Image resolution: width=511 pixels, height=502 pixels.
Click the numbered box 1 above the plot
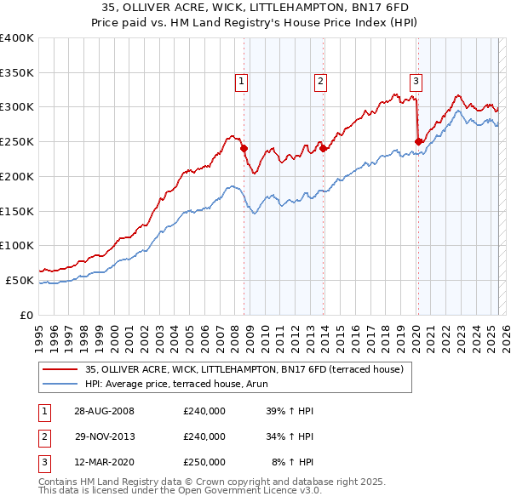click(x=242, y=82)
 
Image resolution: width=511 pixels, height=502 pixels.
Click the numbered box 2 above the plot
click(x=320, y=82)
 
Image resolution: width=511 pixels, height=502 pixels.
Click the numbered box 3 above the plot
click(x=416, y=82)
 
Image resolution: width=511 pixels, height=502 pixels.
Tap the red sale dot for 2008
click(x=244, y=148)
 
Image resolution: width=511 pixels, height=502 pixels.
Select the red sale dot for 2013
click(x=324, y=148)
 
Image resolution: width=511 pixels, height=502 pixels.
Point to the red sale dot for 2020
click(x=418, y=141)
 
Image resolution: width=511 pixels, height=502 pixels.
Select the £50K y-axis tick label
click(x=20, y=280)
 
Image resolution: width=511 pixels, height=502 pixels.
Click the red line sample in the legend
click(x=60, y=368)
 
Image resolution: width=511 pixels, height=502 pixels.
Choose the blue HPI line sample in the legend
click(x=60, y=384)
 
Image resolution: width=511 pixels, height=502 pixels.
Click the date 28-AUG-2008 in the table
click(x=105, y=411)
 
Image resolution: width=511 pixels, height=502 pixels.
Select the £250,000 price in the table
click(x=204, y=462)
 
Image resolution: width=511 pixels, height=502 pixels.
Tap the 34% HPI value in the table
click(x=290, y=436)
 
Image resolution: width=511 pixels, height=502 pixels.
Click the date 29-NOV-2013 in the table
click(x=105, y=436)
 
